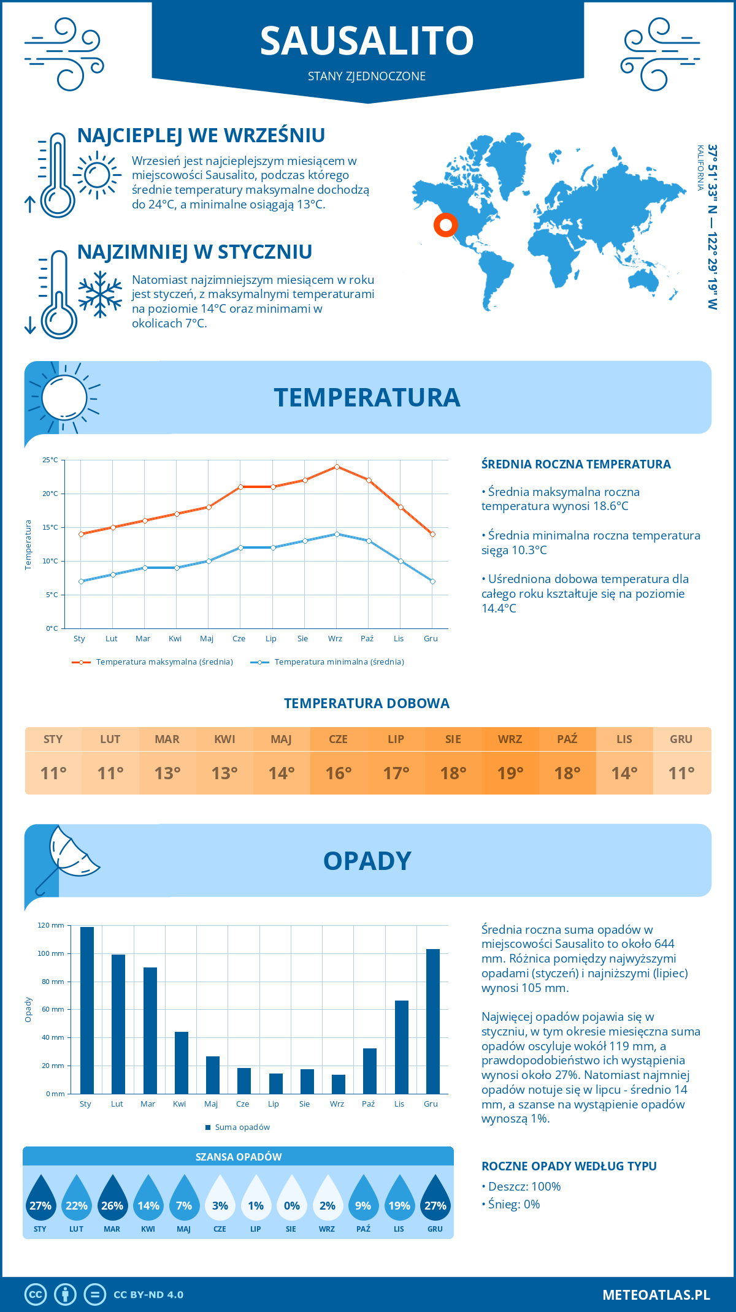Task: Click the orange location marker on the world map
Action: pyautogui.click(x=446, y=225)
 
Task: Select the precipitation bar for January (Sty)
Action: pyautogui.click(x=87, y=1010)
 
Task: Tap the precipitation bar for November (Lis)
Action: pyautogui.click(x=402, y=1047)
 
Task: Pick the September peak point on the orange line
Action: pyautogui.click(x=337, y=467)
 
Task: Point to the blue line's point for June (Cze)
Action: pyautogui.click(x=241, y=547)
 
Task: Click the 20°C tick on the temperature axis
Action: pyautogui.click(x=51, y=494)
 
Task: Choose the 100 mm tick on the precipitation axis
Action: pyautogui.click(x=51, y=953)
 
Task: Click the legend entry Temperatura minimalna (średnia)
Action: pyautogui.click(x=339, y=662)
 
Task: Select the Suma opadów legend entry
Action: pyautogui.click(x=242, y=1127)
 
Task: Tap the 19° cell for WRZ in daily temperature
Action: pyautogui.click(x=510, y=773)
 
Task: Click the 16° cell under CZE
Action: pyautogui.click(x=339, y=773)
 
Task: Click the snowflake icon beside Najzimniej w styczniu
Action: pyautogui.click(x=100, y=294)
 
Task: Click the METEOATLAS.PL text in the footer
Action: pyautogui.click(x=656, y=1295)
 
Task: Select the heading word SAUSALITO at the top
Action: pyautogui.click(x=367, y=41)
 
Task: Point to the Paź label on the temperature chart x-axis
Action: pyautogui.click(x=367, y=639)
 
